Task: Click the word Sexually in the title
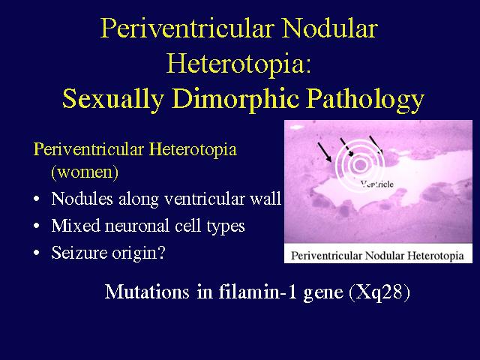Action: [112, 99]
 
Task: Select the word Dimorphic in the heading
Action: [235, 99]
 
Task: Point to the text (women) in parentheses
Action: [85, 172]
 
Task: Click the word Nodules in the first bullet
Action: [82, 198]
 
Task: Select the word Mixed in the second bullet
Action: [76, 226]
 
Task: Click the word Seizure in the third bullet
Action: [79, 253]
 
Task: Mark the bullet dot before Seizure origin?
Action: [37, 253]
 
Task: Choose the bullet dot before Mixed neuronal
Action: [37, 226]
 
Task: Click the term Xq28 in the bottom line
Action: [379, 292]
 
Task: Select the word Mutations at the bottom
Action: [147, 292]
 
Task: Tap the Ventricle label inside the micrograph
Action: [376, 184]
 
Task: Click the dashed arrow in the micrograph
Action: [347, 147]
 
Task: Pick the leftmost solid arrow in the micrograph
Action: [325, 151]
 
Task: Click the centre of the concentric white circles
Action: [360, 165]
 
